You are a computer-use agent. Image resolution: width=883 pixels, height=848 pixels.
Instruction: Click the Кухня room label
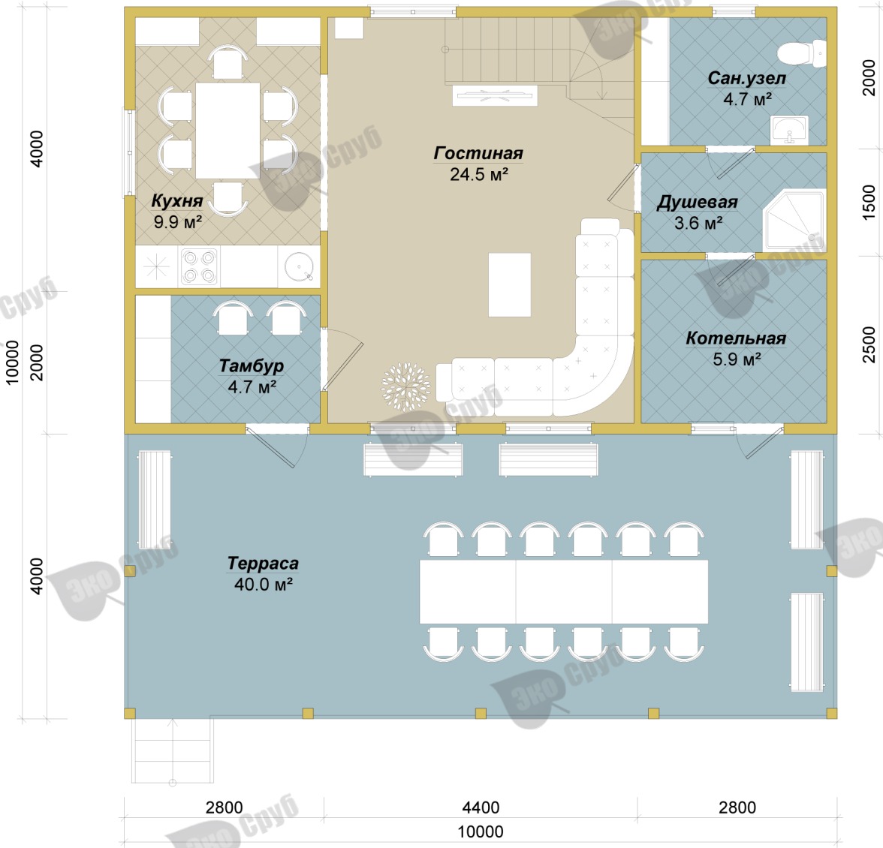177,201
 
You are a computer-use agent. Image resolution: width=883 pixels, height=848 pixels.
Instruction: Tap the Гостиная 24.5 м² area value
479,174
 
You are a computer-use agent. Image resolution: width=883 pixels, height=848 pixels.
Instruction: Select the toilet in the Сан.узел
801,53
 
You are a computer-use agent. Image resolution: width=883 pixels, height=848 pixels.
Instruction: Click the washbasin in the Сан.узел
789,129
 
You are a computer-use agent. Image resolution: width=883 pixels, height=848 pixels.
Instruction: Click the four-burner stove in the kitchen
200,266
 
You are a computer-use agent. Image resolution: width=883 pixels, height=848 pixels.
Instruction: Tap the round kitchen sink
299,266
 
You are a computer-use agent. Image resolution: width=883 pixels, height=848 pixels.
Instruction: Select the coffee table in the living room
510,284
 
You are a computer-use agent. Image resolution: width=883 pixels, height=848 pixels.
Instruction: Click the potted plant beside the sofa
405,386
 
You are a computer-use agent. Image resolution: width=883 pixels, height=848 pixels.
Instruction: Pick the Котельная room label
736,338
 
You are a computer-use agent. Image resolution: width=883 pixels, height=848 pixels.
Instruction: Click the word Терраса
263,563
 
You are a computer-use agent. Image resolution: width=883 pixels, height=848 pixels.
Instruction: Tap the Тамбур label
251,365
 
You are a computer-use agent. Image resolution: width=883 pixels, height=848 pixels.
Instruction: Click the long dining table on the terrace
564,591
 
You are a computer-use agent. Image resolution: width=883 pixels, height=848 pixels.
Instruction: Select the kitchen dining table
228,131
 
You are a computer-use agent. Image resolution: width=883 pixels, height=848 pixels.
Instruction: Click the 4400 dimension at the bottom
481,807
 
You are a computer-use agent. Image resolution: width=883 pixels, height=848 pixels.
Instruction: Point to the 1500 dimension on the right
869,202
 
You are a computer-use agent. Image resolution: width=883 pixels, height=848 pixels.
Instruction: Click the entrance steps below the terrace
173,750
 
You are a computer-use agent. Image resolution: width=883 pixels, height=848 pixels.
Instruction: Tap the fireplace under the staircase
495,95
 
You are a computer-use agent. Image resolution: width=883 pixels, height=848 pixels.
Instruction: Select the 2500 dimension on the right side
869,344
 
